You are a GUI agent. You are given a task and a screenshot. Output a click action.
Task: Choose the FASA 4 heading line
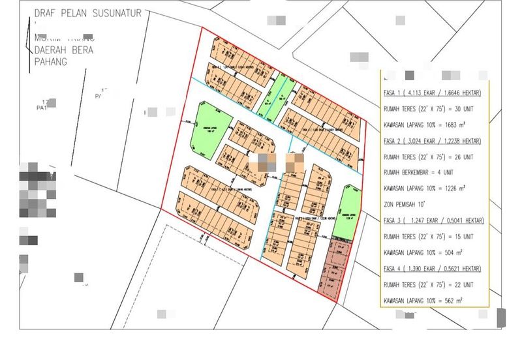[433, 269]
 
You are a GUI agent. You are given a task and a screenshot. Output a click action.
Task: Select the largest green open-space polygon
[210, 127]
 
